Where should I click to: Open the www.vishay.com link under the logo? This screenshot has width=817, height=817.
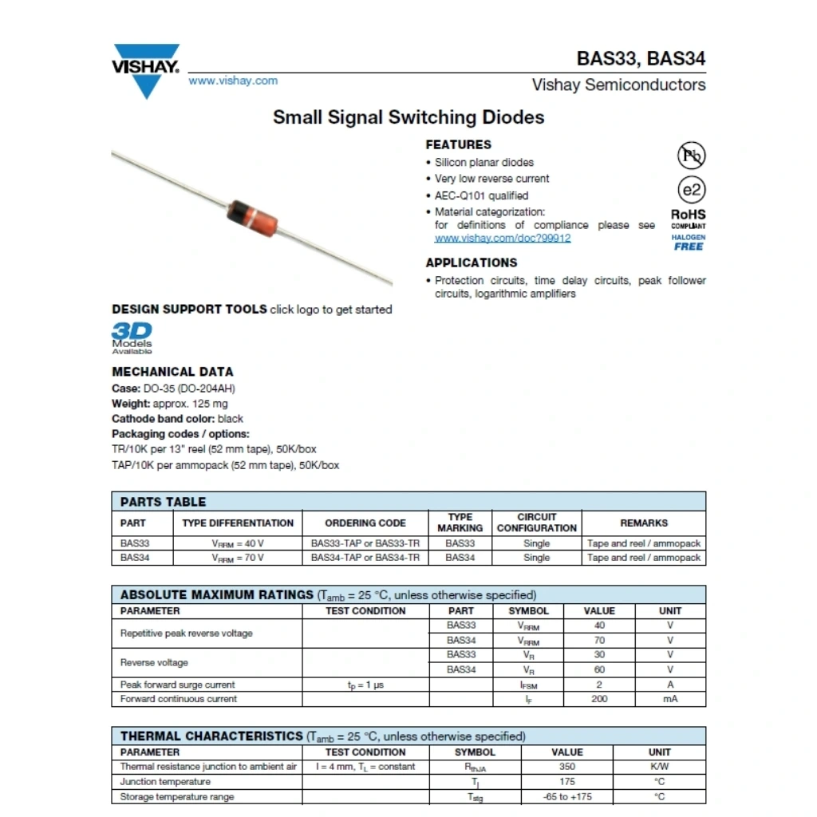233,81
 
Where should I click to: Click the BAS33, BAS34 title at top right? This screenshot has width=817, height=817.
641,59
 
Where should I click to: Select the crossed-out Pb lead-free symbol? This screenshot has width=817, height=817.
691,155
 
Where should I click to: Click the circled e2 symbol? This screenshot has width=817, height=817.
691,190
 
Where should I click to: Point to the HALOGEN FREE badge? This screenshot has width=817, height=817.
689,243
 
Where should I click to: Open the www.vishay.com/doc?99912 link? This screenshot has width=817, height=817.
503,239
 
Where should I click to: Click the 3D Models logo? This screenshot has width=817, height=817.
132,337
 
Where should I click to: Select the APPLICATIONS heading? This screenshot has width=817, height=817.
471,262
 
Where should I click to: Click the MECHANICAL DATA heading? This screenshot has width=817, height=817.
172,372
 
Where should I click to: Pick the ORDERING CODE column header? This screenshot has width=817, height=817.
365,523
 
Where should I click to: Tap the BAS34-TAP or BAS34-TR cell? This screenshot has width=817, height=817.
365,558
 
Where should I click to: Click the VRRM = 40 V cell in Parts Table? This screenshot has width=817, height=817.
238,543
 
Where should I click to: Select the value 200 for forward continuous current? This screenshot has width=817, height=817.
599,699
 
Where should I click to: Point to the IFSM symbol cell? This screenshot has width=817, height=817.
528,685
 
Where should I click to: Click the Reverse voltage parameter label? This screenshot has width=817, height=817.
154,662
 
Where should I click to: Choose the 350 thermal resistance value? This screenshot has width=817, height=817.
567,767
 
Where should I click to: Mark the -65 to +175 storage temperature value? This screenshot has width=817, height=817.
567,796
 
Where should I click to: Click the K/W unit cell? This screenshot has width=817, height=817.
659,767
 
